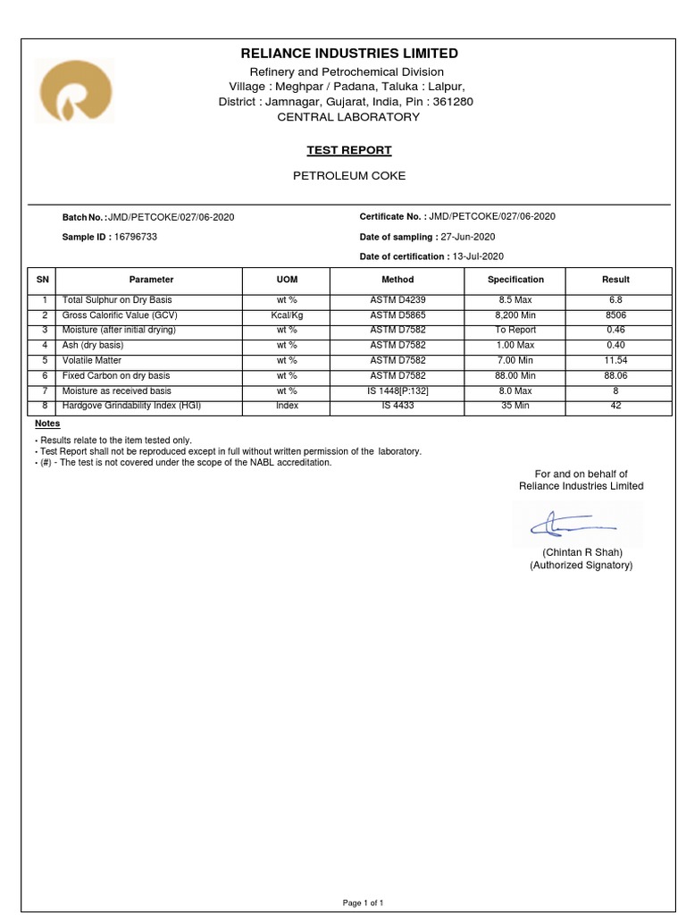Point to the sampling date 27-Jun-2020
pyautogui.click(x=468, y=237)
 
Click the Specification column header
pyautogui.click(x=515, y=280)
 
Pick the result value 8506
pyautogui.click(x=616, y=315)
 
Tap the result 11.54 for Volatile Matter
pyautogui.click(x=616, y=360)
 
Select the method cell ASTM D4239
pyautogui.click(x=398, y=300)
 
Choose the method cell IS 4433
pyautogui.click(x=398, y=406)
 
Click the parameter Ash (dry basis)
pyautogui.click(x=93, y=345)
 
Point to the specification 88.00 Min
pyautogui.click(x=515, y=375)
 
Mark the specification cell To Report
pyautogui.click(x=515, y=330)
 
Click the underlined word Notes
pyautogui.click(x=47, y=424)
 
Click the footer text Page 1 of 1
pyautogui.click(x=364, y=903)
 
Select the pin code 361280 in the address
pyautogui.click(x=453, y=102)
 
